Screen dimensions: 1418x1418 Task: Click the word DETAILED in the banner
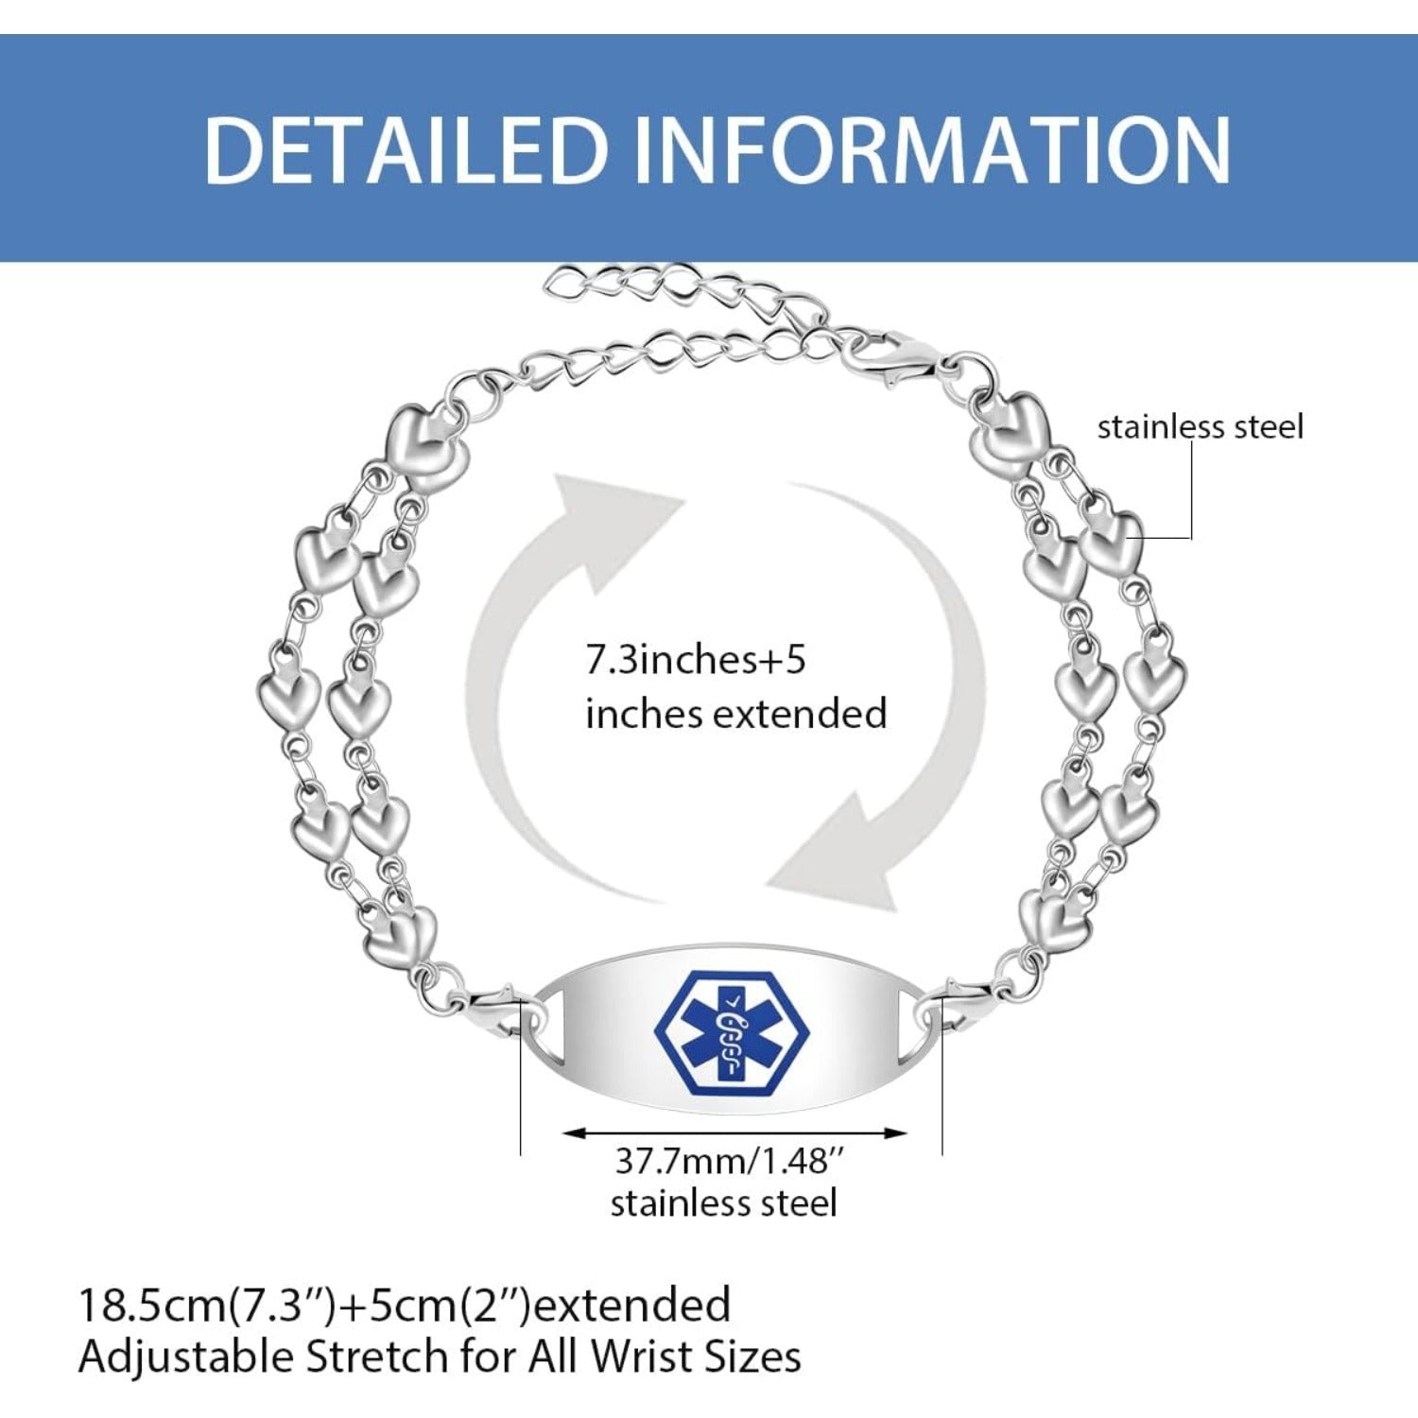pos(405,148)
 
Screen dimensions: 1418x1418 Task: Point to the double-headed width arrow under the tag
pos(735,1131)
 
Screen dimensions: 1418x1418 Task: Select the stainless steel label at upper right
pos(1200,426)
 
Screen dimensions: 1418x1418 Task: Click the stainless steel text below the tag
pos(724,1203)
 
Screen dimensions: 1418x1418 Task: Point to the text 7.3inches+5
pos(696,660)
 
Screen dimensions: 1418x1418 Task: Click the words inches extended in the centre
pos(735,713)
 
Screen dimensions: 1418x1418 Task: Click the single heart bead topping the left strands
pos(428,447)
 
